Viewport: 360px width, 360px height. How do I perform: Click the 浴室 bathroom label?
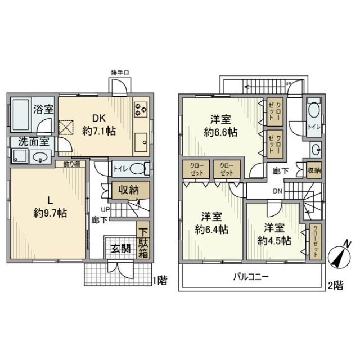coord(43,110)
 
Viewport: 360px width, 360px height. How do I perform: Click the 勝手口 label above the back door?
coord(120,73)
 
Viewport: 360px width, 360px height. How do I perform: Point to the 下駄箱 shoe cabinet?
coord(144,242)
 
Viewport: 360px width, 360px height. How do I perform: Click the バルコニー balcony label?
coord(251,277)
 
